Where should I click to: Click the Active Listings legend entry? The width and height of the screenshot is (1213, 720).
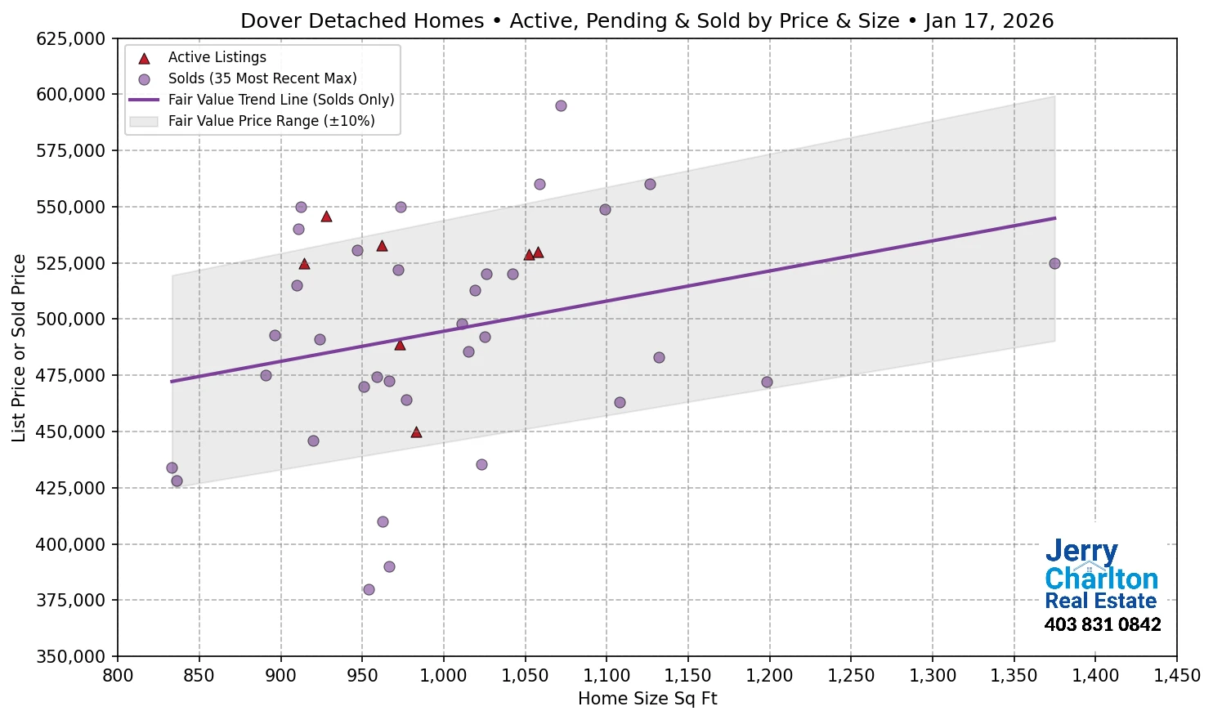point(217,57)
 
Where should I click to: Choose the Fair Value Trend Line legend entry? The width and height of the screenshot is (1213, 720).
point(280,100)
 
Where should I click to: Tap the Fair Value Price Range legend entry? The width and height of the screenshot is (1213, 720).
point(271,121)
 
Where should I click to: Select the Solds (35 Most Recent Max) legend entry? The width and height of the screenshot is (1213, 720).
point(262,78)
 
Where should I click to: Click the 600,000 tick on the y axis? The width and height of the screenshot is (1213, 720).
point(71,95)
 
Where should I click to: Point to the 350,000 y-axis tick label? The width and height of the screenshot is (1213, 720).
point(71,656)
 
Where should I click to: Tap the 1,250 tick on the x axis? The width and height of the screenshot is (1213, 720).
point(851,676)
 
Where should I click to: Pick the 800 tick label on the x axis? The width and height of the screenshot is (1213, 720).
point(118,676)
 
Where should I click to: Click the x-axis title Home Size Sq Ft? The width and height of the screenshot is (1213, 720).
point(647,699)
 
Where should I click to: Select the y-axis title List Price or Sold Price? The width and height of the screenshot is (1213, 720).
point(19,347)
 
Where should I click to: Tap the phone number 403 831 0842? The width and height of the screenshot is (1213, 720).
point(1102,625)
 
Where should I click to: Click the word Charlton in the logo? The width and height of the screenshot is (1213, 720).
point(1101,579)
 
